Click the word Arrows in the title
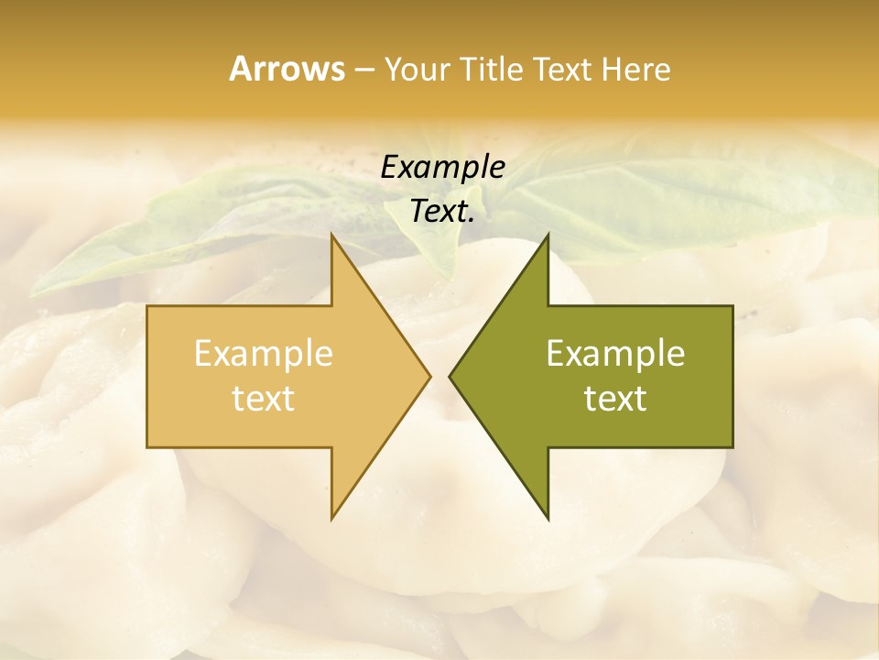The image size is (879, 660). click(287, 69)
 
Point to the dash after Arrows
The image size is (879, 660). click(364, 70)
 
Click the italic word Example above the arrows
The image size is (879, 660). click(442, 167)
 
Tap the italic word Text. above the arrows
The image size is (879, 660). click(442, 211)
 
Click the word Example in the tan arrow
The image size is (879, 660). click(263, 353)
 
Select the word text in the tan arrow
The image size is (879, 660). click(263, 399)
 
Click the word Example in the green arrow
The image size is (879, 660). click(615, 353)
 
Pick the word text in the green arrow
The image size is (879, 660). click(615, 399)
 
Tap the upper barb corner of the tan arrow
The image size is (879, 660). click(331, 235)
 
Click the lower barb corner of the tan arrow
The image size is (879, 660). click(331, 518)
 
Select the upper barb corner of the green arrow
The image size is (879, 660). click(548, 235)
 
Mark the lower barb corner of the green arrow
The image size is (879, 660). click(548, 518)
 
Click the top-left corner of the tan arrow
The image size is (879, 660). click(148, 307)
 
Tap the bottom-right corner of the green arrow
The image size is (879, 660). click(732, 446)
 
